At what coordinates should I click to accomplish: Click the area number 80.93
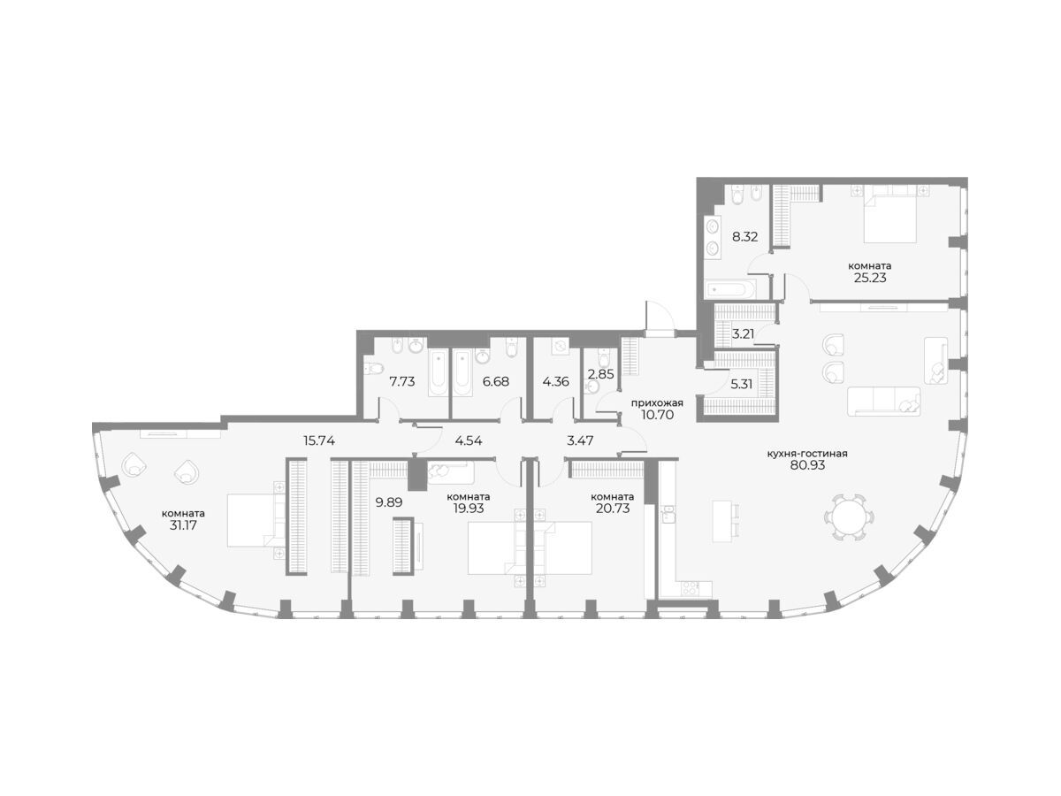click(x=808, y=465)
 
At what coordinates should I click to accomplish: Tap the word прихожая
click(x=658, y=403)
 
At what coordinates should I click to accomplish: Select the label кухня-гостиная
click(x=808, y=454)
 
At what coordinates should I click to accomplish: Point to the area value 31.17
click(x=183, y=525)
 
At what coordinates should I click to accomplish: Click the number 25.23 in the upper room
click(x=870, y=278)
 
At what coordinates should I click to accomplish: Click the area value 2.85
click(x=599, y=373)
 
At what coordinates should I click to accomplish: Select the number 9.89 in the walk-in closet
click(x=389, y=502)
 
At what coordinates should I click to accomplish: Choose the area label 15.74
click(x=319, y=440)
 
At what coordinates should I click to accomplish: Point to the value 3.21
click(x=743, y=333)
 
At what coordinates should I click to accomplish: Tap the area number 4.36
click(x=556, y=382)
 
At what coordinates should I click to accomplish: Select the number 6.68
click(x=496, y=382)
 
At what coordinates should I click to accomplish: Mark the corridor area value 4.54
click(x=469, y=440)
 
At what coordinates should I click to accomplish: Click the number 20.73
click(x=613, y=508)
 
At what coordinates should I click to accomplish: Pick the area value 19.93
click(x=469, y=508)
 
